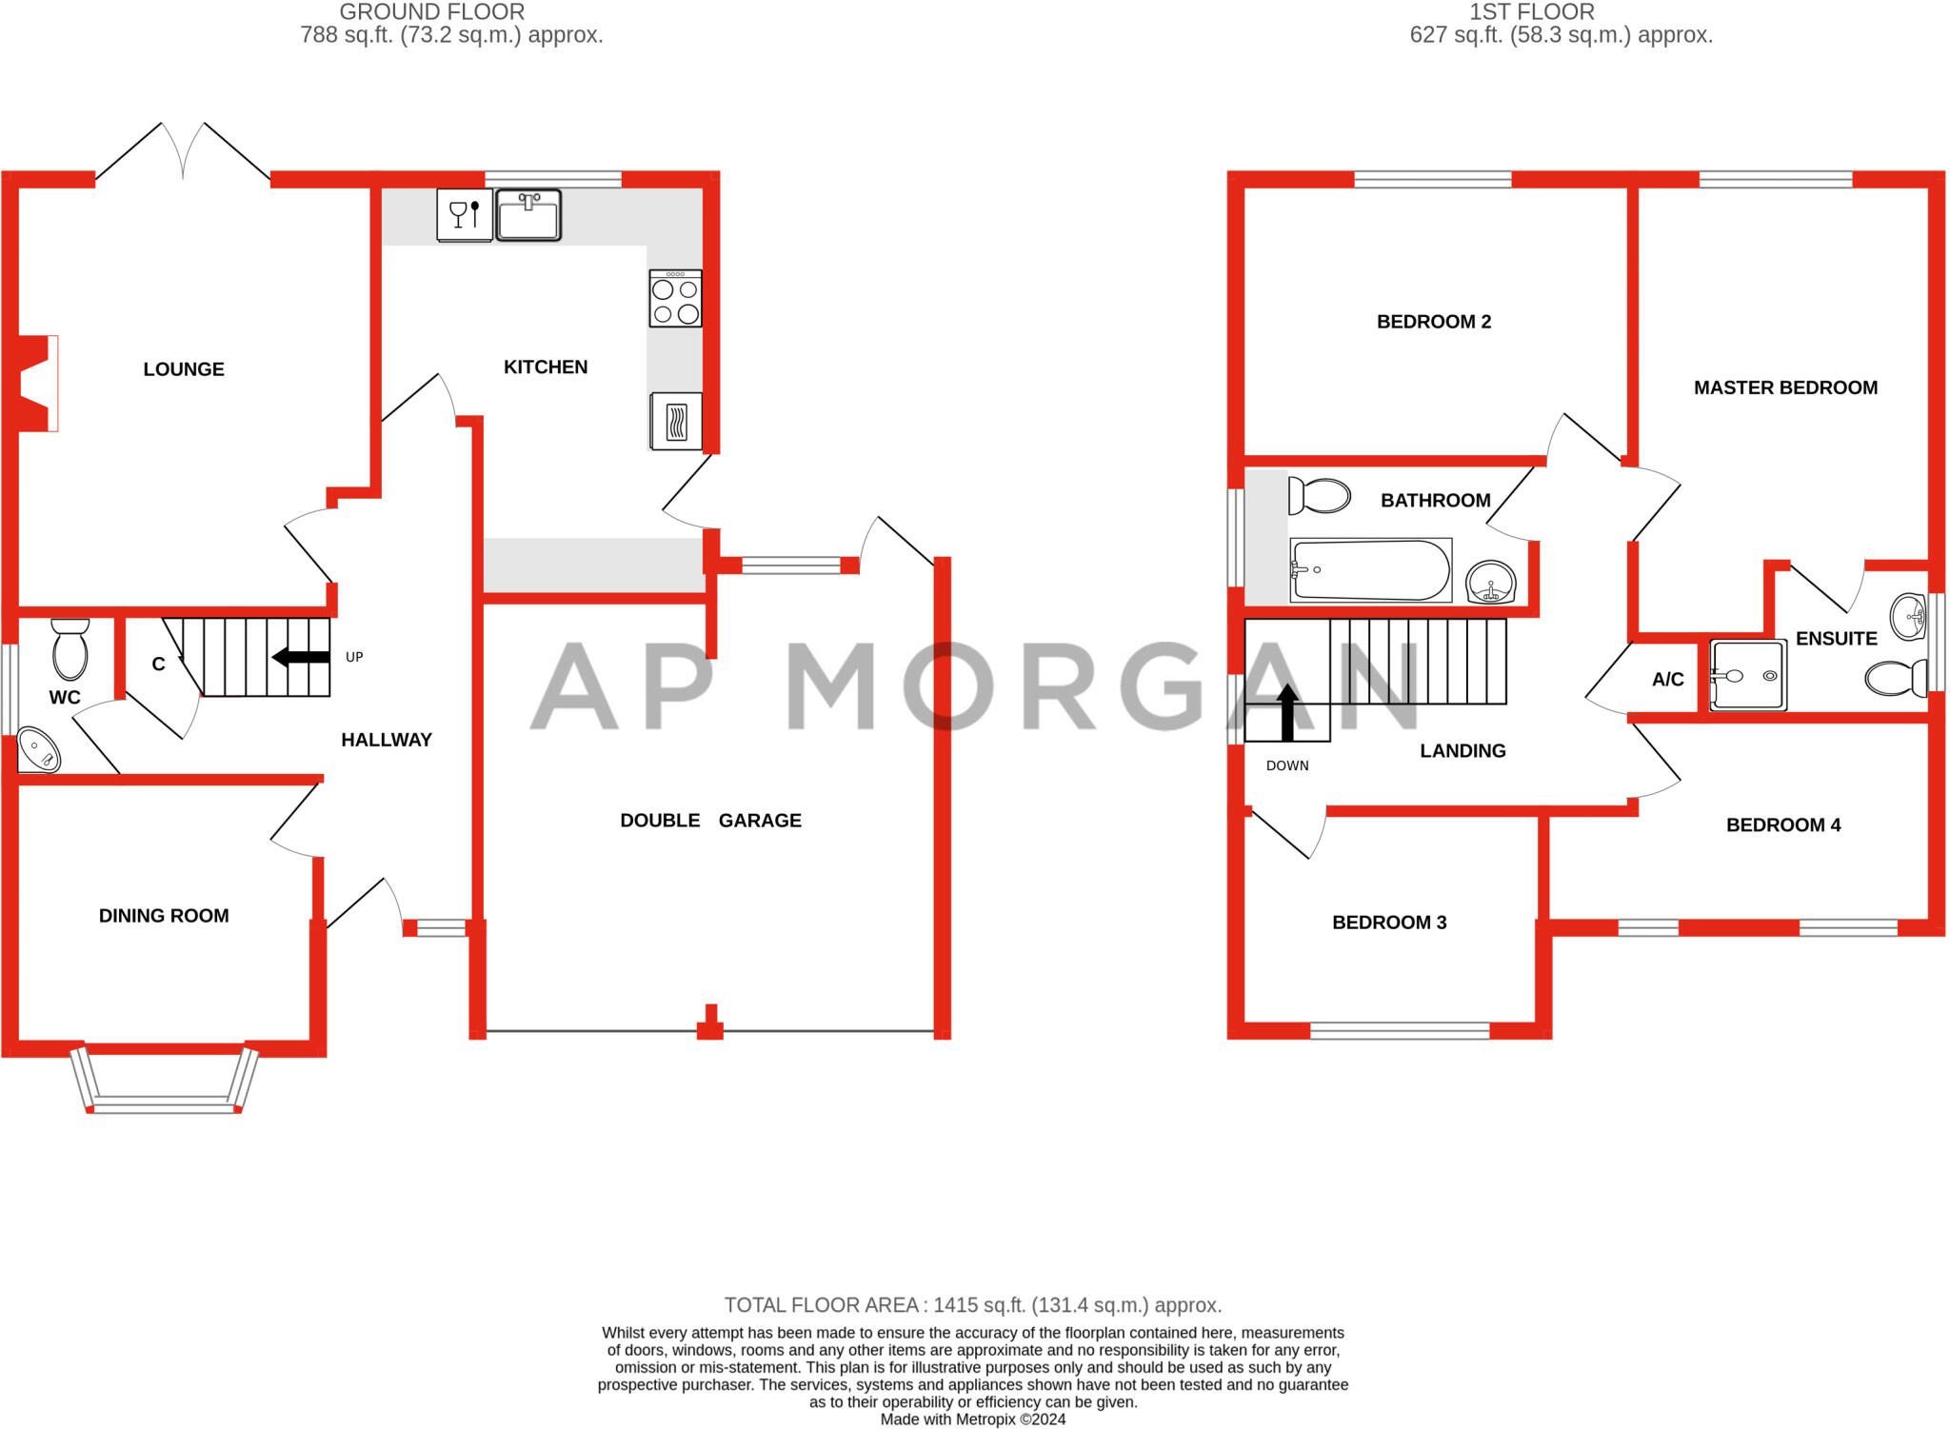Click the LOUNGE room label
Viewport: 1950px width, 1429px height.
click(184, 369)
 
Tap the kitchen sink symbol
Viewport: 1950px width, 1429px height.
click(527, 214)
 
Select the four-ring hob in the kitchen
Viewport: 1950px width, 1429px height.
click(675, 299)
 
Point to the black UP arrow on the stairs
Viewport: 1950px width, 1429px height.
click(300, 657)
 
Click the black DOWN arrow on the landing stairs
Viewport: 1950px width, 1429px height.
click(1286, 711)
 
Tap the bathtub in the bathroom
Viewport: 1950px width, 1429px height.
click(1370, 570)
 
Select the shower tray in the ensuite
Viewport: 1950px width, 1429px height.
click(1747, 676)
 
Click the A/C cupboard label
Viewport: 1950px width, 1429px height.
click(1667, 680)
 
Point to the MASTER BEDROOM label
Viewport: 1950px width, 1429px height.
click(1785, 388)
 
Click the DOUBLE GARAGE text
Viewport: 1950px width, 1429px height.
click(710, 821)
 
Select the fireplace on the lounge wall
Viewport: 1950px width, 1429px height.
click(36, 384)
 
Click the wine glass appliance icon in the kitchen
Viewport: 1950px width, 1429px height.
click(464, 215)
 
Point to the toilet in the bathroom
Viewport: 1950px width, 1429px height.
click(1319, 496)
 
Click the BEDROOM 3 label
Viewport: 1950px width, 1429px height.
click(1388, 923)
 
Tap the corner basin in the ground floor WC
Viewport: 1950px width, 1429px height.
click(39, 750)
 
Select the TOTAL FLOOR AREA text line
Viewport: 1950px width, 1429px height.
click(972, 1305)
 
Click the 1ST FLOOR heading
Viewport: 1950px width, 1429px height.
click(1531, 12)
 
